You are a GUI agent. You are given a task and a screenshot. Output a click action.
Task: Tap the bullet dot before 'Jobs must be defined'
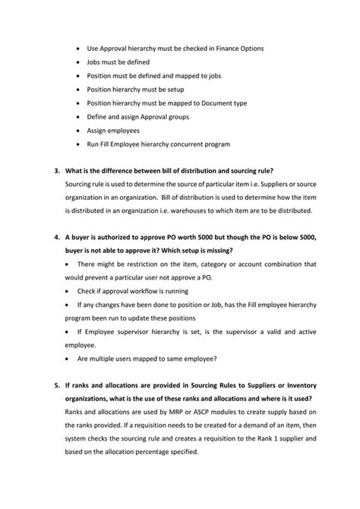coord(80,62)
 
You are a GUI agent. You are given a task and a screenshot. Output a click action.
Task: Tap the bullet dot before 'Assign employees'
coord(80,130)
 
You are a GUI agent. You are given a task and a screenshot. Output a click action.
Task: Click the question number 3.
coord(56,169)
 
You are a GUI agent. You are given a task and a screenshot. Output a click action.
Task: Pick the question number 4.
coord(56,238)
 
